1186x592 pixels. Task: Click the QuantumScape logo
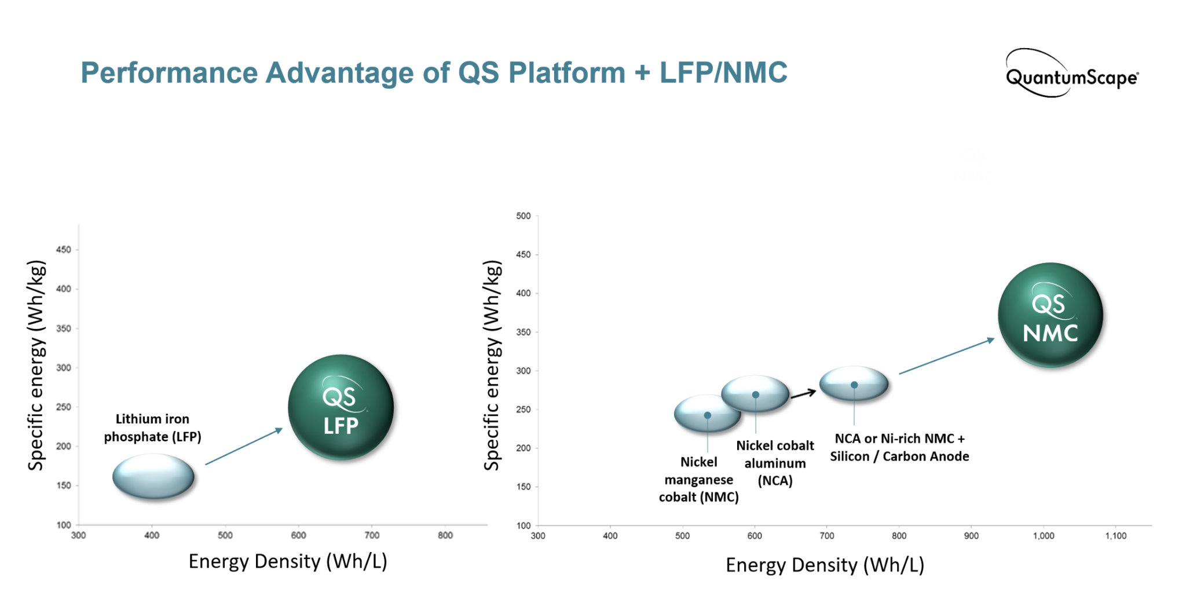[x=1071, y=75]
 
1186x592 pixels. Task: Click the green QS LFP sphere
[x=341, y=407]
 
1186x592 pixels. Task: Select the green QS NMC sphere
[x=1050, y=315]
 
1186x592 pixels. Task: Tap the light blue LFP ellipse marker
[x=153, y=476]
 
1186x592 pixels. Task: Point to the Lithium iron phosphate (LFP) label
[x=152, y=427]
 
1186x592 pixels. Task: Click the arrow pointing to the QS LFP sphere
[x=244, y=446]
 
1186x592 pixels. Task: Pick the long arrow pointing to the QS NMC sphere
[x=946, y=356]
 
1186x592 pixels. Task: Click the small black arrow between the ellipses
[x=803, y=394]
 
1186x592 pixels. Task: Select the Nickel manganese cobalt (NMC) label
[x=698, y=480]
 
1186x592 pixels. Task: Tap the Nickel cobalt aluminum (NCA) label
[x=775, y=463]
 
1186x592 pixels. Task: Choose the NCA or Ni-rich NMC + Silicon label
[x=899, y=447]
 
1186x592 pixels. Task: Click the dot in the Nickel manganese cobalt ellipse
[x=707, y=415]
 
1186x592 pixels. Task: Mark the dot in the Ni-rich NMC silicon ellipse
[x=854, y=385]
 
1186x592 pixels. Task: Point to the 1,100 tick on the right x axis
[x=1115, y=536]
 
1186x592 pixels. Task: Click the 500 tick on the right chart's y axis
[x=523, y=216]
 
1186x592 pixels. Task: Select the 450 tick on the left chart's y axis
[x=64, y=250]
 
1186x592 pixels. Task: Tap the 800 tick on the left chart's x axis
[x=445, y=535]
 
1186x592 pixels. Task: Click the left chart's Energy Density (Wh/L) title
[x=288, y=561]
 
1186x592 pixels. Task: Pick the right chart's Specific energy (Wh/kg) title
[x=492, y=365]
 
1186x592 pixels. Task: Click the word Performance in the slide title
[x=169, y=73]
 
